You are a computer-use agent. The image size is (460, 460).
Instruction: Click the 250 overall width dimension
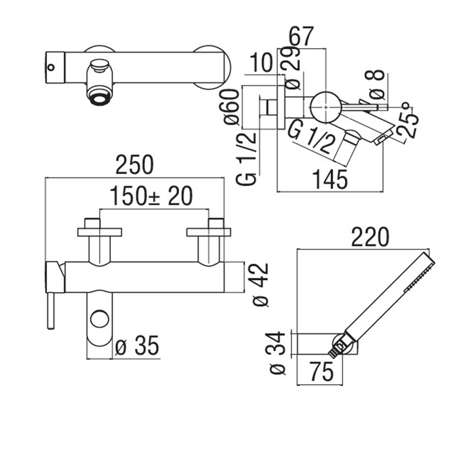pos(135,165)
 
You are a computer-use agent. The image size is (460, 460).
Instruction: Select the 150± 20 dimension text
pos(151,196)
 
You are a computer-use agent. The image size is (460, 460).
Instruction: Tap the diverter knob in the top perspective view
pos(99,66)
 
